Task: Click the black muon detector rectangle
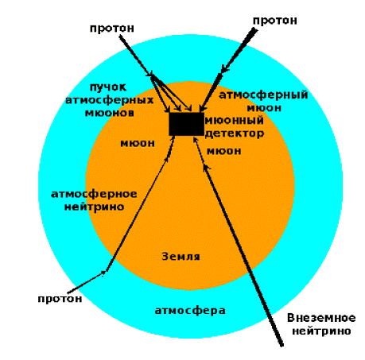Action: [x=186, y=124]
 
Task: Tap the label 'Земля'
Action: [x=181, y=257]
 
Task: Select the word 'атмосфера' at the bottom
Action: [x=190, y=311]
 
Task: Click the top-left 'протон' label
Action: [x=112, y=29]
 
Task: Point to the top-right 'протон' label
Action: [x=275, y=21]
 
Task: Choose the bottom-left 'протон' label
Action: [x=60, y=299]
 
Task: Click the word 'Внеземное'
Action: [x=321, y=318]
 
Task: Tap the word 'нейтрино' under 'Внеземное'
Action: [x=321, y=331]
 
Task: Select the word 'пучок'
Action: [x=108, y=87]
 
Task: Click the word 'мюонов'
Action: [x=110, y=113]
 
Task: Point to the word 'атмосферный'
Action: [x=263, y=95]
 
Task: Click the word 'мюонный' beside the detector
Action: [x=235, y=121]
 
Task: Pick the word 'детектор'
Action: [x=235, y=134]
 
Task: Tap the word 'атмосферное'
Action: [x=94, y=194]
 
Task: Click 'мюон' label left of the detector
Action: [x=138, y=143]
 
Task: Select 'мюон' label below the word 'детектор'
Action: [x=224, y=151]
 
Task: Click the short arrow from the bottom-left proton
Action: [x=86, y=282]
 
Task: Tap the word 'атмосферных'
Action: [x=110, y=100]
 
